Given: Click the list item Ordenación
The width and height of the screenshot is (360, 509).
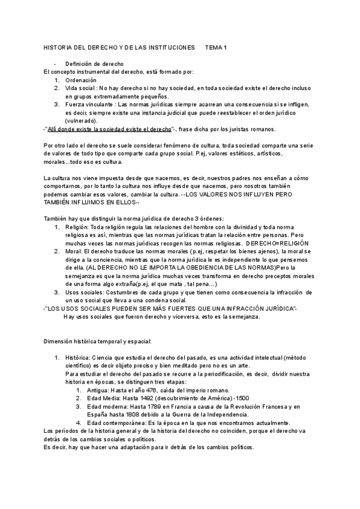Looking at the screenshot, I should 81,80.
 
